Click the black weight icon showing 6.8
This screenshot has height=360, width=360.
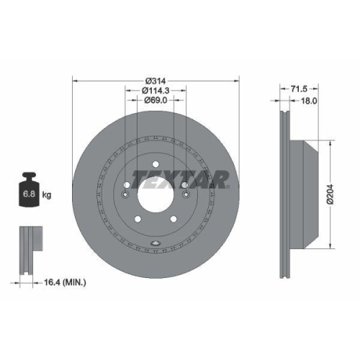pyautogui.click(x=29, y=193)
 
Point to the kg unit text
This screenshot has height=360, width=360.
pyautogui.click(x=47, y=195)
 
